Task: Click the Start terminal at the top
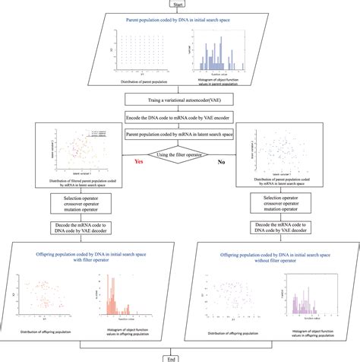click(179, 4)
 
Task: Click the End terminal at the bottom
click(179, 356)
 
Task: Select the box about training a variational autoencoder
click(180, 100)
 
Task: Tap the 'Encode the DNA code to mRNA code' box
click(180, 117)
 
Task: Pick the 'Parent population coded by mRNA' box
click(180, 135)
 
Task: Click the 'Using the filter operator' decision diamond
click(180, 156)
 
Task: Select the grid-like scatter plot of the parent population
click(137, 54)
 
